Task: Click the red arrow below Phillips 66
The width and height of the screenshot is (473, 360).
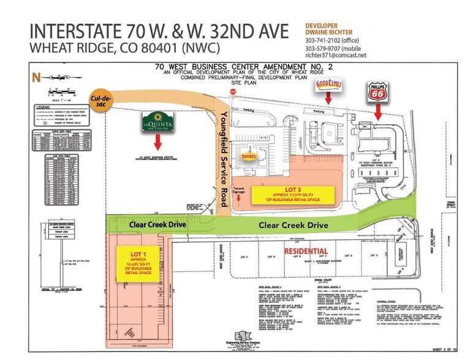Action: [x=378, y=112]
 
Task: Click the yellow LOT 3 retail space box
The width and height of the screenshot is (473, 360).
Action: [x=293, y=194]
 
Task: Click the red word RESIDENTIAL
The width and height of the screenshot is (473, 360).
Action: [x=305, y=250]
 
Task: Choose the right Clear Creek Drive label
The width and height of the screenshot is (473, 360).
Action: [x=293, y=225]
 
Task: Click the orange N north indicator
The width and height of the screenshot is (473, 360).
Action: [x=35, y=77]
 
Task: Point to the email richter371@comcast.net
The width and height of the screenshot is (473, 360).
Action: [x=336, y=55]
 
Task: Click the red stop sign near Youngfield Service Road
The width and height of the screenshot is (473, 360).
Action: [x=232, y=92]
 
